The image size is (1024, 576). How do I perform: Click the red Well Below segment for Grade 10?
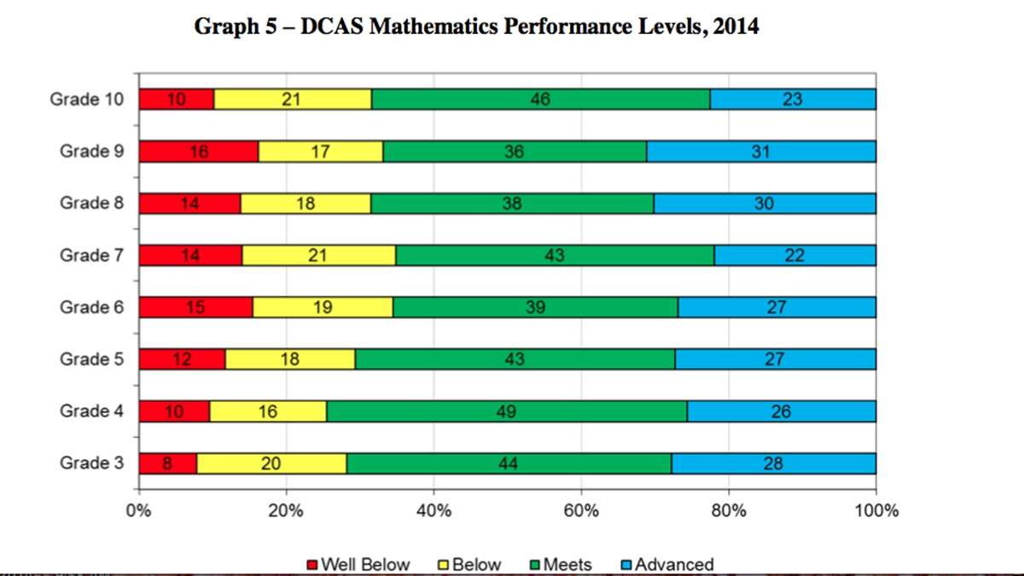coord(177,99)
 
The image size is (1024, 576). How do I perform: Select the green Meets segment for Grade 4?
coord(507,411)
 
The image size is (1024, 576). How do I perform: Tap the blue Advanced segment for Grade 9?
coord(761,151)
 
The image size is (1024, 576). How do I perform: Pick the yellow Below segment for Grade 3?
coord(271,463)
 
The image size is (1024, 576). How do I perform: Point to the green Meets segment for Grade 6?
coord(535,307)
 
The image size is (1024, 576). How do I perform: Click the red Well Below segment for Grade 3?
coord(168,463)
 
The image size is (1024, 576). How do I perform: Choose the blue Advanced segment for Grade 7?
coord(795,255)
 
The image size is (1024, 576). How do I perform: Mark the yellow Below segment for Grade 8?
coord(305,203)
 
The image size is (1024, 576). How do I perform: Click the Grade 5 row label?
coord(91,359)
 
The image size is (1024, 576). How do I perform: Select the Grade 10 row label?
coord(86,99)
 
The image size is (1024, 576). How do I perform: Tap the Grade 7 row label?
coord(91,255)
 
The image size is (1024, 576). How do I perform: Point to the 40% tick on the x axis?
coord(433,492)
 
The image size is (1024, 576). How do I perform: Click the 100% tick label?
coord(876,510)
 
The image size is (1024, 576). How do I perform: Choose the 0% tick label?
coord(138,510)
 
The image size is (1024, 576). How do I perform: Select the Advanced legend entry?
coord(668,565)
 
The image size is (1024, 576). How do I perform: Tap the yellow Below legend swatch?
coord(443,565)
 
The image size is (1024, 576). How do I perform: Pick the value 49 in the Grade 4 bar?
coord(507,412)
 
